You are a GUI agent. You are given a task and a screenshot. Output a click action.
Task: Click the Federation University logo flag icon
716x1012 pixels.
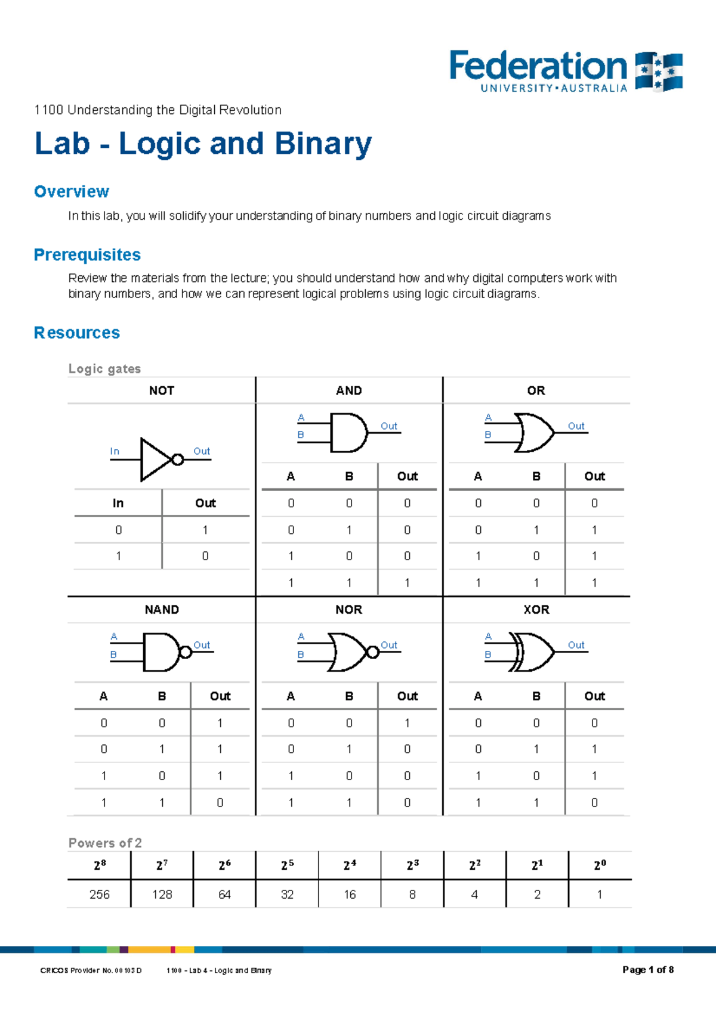659,72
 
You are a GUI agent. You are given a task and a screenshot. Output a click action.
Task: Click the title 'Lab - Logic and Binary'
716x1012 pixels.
203,144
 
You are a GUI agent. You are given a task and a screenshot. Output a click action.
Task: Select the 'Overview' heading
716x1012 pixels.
72,192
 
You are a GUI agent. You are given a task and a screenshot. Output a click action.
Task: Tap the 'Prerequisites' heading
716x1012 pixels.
87,255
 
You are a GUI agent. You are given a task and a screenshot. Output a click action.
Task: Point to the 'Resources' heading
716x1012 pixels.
77,333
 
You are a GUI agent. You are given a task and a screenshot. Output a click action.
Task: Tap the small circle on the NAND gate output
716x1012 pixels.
186,652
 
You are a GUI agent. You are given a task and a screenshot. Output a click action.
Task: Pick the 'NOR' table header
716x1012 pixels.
348,610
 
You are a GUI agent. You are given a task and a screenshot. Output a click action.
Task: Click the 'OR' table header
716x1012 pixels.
536,391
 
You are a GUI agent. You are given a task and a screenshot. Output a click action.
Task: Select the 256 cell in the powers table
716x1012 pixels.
100,895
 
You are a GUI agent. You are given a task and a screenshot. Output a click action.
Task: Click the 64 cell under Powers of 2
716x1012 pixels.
224,895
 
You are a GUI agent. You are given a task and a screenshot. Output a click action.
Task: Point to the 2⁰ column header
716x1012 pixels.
600,865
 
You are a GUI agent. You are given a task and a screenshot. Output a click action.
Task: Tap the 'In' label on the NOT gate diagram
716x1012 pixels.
115,452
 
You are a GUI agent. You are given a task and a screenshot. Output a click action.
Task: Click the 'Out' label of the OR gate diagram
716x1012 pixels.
576,426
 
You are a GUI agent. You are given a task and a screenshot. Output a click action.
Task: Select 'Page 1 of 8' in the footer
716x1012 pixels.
648,970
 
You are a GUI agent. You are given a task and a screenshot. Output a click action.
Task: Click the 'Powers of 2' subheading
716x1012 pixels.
105,843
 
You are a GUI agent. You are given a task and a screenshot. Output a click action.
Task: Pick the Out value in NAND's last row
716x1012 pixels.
220,803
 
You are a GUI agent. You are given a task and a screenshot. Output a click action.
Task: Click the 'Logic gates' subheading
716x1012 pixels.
104,369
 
